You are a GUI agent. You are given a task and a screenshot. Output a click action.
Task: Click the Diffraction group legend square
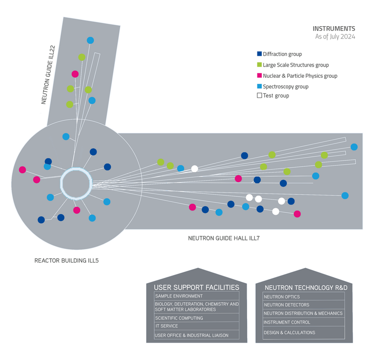259,54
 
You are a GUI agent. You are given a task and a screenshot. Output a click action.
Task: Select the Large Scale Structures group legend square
259,65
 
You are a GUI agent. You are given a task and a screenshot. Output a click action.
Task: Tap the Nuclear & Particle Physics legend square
259,75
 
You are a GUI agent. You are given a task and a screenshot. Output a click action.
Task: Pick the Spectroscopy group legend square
259,86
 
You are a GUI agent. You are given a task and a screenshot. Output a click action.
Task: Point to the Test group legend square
259,96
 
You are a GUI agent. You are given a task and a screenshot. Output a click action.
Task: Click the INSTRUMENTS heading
334,29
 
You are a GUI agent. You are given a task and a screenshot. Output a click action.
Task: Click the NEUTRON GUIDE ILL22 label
49,75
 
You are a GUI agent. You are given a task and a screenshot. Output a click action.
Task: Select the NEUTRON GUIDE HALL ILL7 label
224,238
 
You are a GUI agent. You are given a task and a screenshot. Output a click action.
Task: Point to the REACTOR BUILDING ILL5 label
67,260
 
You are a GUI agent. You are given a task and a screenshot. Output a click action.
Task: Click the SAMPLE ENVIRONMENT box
196,296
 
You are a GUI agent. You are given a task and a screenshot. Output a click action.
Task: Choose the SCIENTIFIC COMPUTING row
196,318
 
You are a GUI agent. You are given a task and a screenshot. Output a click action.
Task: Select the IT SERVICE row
196,326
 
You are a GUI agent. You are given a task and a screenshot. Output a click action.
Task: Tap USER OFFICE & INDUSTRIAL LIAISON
196,335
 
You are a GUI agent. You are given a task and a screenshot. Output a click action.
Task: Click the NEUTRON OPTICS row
303,297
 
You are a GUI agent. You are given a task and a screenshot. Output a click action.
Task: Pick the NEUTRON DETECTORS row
303,305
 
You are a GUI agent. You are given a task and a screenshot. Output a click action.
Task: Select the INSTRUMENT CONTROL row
303,322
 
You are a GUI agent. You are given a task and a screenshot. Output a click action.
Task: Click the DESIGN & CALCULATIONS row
303,333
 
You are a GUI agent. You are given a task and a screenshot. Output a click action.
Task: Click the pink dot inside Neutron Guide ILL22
75,74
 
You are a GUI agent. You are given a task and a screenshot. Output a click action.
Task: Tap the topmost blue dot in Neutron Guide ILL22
90,40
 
